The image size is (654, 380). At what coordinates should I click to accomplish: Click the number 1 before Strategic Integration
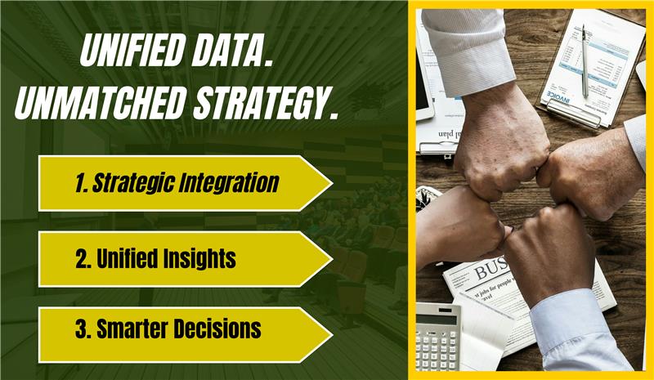pyautogui.click(x=80, y=183)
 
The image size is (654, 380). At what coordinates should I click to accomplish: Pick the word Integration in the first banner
pyautogui.click(x=233, y=183)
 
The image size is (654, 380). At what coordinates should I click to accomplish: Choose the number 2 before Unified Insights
pyautogui.click(x=81, y=259)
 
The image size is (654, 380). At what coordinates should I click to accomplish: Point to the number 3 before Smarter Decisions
pyautogui.click(x=81, y=329)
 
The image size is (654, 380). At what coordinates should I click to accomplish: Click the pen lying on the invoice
pyautogui.click(x=584, y=61)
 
